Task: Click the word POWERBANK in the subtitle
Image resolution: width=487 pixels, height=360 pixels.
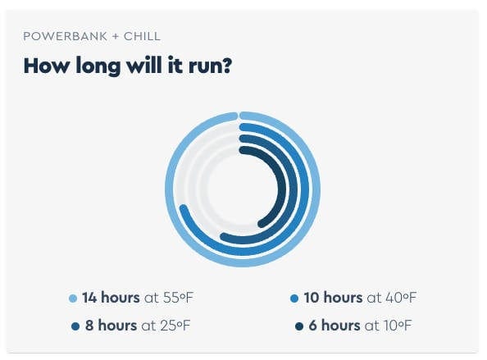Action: click(x=66, y=36)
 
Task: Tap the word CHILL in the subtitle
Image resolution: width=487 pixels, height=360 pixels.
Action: click(x=142, y=36)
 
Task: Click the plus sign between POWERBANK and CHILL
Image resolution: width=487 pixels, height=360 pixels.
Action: click(x=116, y=36)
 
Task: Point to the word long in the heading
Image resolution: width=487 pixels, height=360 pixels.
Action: click(x=98, y=66)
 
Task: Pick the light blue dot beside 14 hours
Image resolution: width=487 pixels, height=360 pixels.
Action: click(x=73, y=298)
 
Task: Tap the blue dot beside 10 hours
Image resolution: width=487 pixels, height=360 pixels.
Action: click(x=294, y=298)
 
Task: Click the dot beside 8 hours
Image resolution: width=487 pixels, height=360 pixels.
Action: click(x=75, y=326)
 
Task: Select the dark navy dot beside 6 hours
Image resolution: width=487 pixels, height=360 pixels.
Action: click(x=299, y=326)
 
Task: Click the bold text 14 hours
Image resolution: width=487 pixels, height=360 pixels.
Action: click(x=111, y=298)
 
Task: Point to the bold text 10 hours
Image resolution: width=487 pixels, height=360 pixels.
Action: click(x=333, y=298)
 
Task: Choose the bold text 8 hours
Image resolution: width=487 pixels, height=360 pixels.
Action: click(x=112, y=326)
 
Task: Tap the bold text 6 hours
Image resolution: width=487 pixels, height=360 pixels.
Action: click(x=335, y=326)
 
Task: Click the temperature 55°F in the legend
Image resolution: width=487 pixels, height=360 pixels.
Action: click(x=178, y=298)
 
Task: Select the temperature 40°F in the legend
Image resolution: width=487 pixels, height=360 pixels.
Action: click(x=401, y=298)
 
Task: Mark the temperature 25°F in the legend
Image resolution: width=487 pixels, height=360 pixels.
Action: click(x=175, y=326)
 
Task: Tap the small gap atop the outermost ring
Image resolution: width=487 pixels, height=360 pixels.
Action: click(x=239, y=116)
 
